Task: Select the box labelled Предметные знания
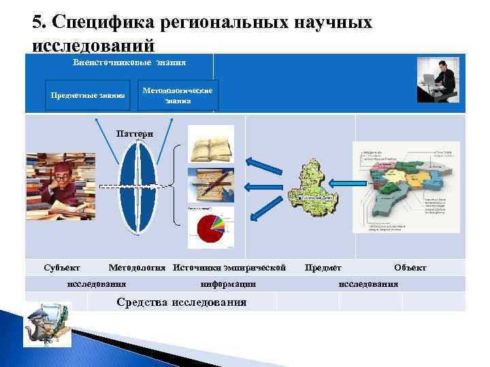click(88, 95)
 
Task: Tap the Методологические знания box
click(178, 95)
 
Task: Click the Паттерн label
click(130, 133)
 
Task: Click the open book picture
click(211, 143)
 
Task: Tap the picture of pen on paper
click(211, 185)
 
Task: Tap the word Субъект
click(61, 267)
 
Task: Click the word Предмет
click(323, 267)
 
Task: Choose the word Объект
click(410, 267)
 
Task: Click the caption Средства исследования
click(182, 302)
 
